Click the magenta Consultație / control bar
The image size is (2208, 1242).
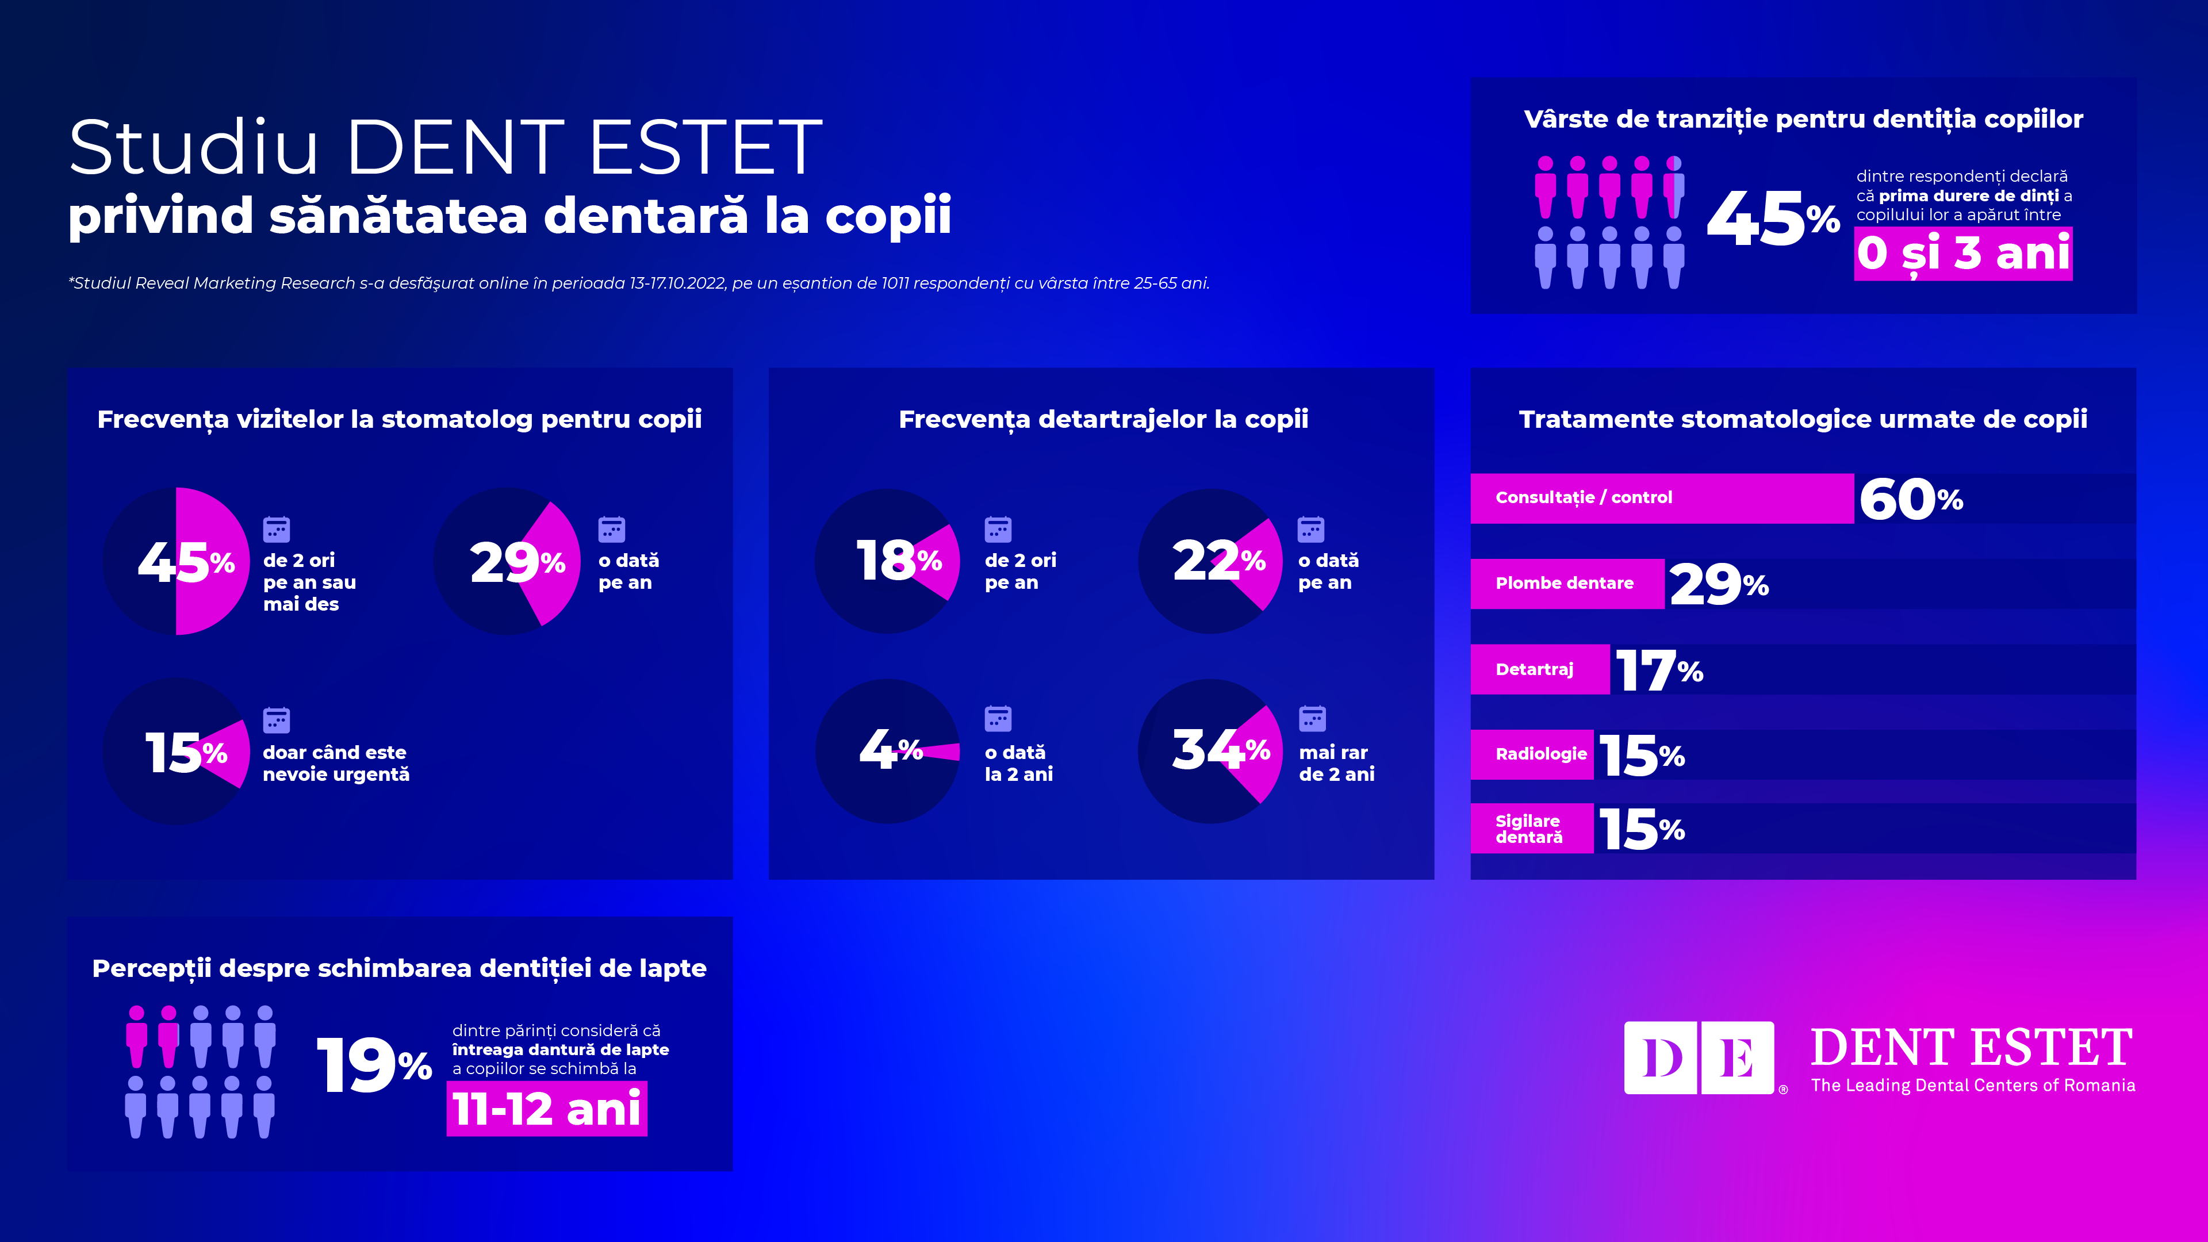coord(1661,498)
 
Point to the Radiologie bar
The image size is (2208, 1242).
coord(1532,754)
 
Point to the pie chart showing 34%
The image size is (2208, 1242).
coord(1210,751)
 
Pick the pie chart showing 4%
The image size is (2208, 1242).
coord(888,751)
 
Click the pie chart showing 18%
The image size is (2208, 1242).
coord(888,561)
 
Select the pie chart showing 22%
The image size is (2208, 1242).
coord(1210,561)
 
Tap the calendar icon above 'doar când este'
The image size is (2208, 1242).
coord(276,720)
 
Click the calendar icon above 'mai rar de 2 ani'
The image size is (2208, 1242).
coord(1312,718)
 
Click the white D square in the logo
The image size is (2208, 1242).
coord(1661,1058)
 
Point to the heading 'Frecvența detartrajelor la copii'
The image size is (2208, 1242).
coord(1103,419)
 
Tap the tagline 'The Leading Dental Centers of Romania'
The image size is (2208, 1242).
coord(1972,1085)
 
